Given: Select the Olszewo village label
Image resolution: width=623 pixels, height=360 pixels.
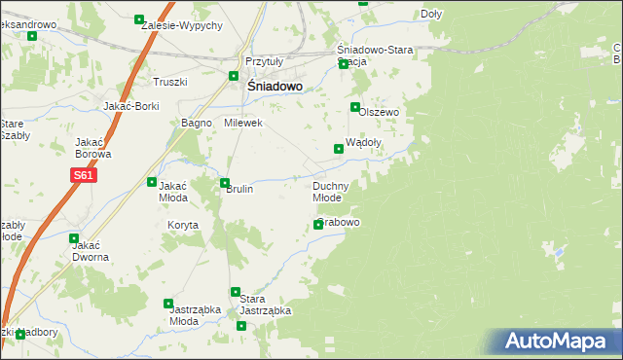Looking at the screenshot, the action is [x=380, y=112].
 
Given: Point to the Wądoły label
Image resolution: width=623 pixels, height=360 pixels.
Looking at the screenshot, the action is [x=363, y=141].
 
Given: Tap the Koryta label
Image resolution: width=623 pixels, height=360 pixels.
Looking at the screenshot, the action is [x=182, y=225].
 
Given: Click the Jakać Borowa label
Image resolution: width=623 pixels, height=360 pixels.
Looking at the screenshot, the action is [x=93, y=147].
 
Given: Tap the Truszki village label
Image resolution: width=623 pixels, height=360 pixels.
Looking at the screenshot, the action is [x=168, y=82].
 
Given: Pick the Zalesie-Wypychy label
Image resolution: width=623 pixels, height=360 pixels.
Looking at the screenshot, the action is [x=181, y=24].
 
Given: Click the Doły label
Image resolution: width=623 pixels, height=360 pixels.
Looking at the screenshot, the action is [x=432, y=15].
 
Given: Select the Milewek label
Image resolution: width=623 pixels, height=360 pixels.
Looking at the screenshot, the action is [x=243, y=124].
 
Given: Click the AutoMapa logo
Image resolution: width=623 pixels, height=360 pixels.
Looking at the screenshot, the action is [x=559, y=342].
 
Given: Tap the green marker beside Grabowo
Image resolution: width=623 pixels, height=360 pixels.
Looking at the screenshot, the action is [x=318, y=225].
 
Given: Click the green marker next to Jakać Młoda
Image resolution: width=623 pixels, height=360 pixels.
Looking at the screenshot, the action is [x=152, y=182].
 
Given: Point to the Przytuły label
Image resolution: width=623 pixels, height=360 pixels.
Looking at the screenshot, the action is [x=263, y=60].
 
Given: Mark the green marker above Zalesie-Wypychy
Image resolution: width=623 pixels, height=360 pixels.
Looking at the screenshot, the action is [x=139, y=19].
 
